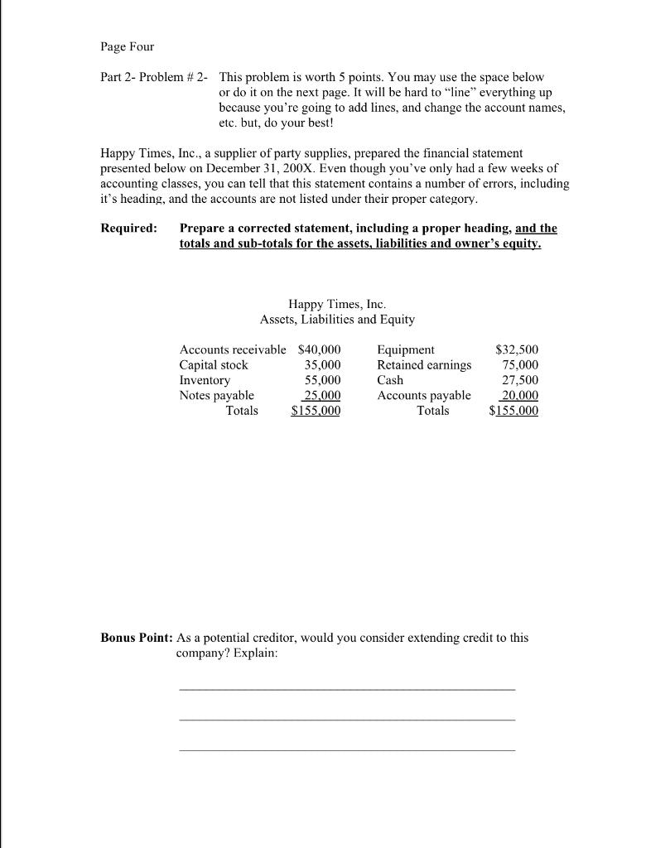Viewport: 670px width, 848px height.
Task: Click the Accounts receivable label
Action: (x=233, y=349)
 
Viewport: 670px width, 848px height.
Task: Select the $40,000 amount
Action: (x=319, y=349)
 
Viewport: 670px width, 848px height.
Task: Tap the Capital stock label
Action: (x=214, y=364)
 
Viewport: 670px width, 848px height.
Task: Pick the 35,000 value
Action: (x=322, y=364)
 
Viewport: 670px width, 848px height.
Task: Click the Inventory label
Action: (x=205, y=380)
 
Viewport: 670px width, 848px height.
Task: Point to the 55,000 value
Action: (x=322, y=380)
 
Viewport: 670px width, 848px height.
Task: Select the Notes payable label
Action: (x=216, y=395)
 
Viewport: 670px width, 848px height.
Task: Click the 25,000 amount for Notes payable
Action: (x=321, y=395)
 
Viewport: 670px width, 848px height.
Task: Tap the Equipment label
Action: (x=405, y=349)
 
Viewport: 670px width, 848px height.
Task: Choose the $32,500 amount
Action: (x=516, y=349)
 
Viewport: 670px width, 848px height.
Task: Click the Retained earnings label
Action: (x=424, y=364)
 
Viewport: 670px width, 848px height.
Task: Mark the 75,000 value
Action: (x=520, y=364)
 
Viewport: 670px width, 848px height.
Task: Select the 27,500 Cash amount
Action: (x=520, y=380)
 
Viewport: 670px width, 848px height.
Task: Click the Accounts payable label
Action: (x=423, y=395)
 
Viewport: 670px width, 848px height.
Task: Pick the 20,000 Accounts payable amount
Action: (x=520, y=395)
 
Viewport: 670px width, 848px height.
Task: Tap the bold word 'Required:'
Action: (x=128, y=229)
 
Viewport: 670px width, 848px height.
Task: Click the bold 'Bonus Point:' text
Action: (x=137, y=638)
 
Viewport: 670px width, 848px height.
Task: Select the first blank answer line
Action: (x=346, y=688)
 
